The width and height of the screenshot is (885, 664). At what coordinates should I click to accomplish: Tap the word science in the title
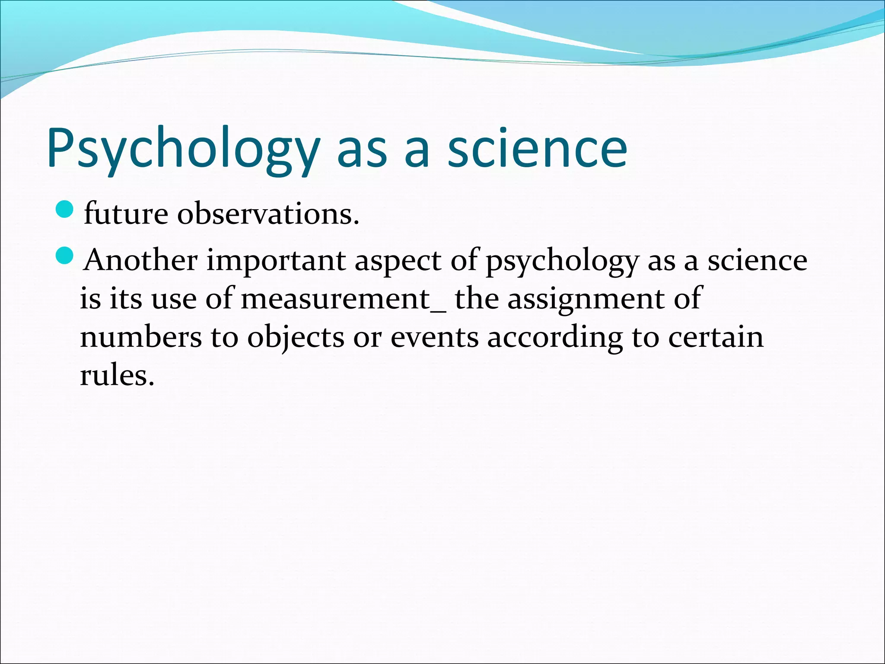[x=537, y=149]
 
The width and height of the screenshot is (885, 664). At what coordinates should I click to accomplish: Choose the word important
[x=276, y=261]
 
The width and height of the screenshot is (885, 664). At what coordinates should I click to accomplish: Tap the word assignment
[x=586, y=299]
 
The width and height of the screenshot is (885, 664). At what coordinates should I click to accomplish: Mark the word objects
[x=296, y=337]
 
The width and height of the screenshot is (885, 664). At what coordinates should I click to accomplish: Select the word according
[x=555, y=337]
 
